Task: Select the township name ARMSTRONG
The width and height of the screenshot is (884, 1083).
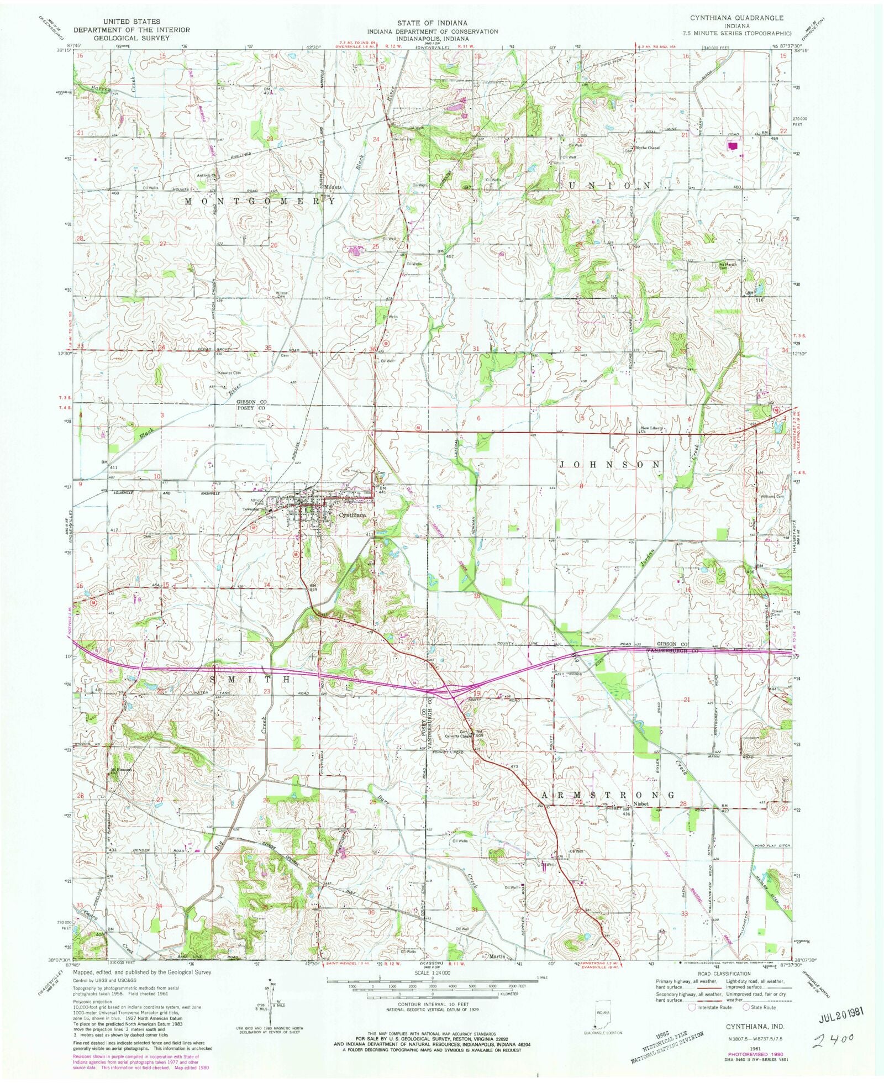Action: pyautogui.click(x=607, y=795)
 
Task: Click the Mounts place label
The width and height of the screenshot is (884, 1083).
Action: pyautogui.click(x=333, y=187)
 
